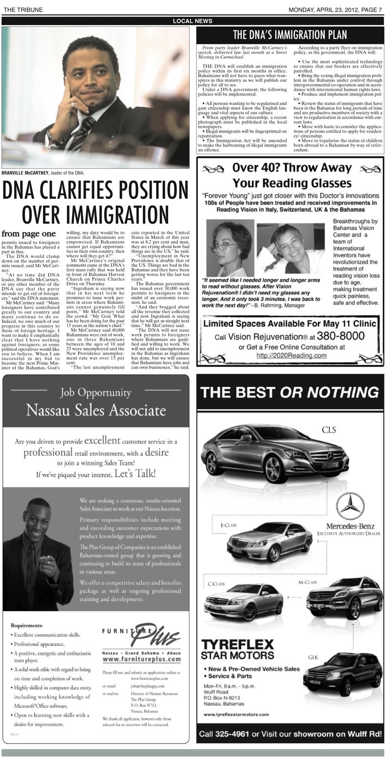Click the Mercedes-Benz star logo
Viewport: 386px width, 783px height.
350,506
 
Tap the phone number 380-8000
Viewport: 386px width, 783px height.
341,336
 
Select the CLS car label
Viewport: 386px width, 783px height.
328,430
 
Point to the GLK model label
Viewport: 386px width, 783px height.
313,657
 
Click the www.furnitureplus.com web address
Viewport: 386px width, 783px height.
141,659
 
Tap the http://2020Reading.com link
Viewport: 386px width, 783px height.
291,355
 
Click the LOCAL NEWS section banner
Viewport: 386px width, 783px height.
193,21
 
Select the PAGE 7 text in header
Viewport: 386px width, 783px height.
370,10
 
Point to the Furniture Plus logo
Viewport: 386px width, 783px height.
141,635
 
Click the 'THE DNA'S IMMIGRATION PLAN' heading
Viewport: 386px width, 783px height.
290,35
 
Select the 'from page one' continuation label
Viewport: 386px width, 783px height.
28,234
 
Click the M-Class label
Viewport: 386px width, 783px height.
307,582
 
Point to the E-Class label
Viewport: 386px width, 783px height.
228,525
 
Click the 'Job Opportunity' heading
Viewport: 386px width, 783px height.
96,392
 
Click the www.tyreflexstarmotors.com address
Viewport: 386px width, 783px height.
236,714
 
